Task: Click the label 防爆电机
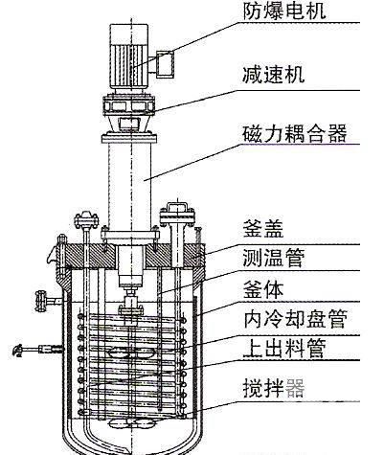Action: coord(284,11)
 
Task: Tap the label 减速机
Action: coord(274,75)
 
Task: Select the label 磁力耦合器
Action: coord(295,133)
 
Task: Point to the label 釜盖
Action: coord(263,228)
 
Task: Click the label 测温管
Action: coord(274,258)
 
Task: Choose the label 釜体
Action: coord(263,289)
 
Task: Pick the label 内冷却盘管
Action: coord(295,318)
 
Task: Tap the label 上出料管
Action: coord(284,348)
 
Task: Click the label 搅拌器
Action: coord(274,388)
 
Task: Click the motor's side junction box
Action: coord(166,63)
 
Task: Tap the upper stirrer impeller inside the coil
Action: coord(131,353)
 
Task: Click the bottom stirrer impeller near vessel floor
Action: coord(131,423)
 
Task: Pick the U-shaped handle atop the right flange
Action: coord(176,208)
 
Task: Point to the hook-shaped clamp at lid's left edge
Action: coord(54,252)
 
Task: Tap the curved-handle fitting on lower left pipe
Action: coord(18,351)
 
